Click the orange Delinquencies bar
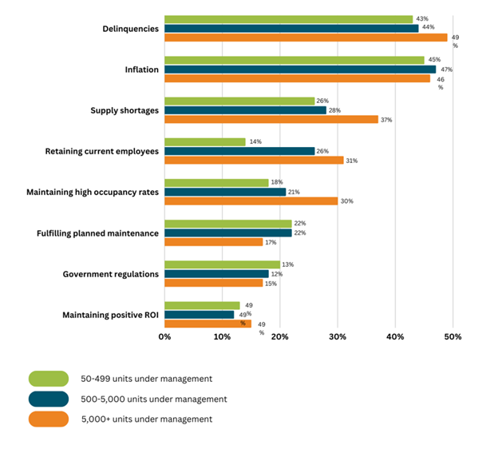tap(306, 37)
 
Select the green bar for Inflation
tap(294, 59)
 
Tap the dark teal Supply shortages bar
tap(245, 110)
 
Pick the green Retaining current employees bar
tap(204, 141)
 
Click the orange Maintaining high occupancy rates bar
tap(251, 201)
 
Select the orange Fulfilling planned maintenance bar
tap(213, 241)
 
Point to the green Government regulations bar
tap(222, 264)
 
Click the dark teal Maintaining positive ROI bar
tap(199, 314)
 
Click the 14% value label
tap(255, 141)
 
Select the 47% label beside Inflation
tap(446, 69)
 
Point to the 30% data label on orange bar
tap(347, 201)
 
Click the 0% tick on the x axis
tap(164, 336)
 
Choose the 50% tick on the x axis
tap(453, 336)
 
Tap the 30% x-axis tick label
tap(337, 336)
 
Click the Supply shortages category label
tap(125, 110)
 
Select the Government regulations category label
tap(110, 274)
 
